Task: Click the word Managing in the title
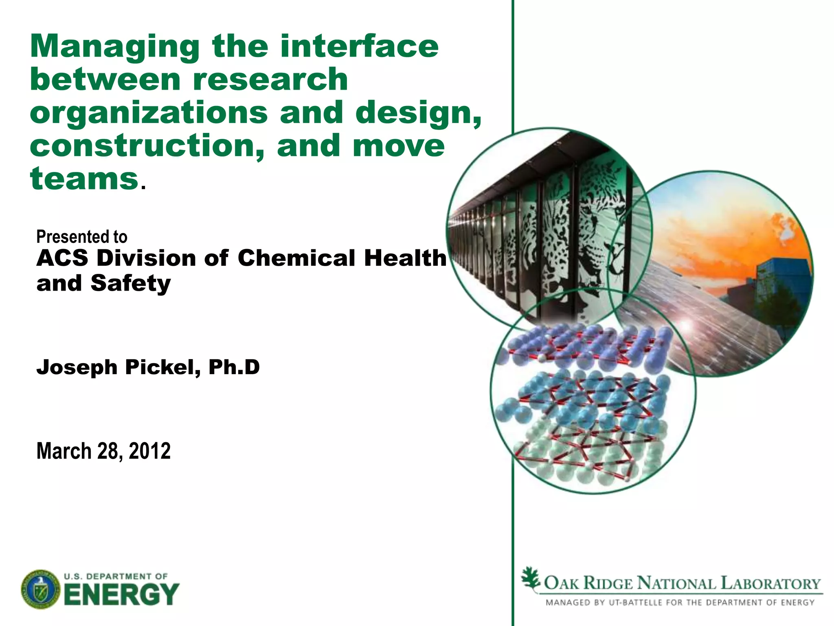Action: [x=115, y=47]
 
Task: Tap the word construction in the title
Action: [x=147, y=146]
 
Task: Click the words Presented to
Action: [x=81, y=237]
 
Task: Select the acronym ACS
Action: [x=62, y=258]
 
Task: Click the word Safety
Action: [x=131, y=283]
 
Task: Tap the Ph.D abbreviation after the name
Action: [x=234, y=367]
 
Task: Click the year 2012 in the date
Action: [x=149, y=451]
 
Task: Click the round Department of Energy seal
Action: [x=40, y=589]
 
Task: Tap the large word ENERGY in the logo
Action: [x=121, y=594]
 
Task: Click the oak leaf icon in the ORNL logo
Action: [x=531, y=578]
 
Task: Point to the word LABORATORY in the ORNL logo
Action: [x=770, y=583]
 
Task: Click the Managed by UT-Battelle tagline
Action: [x=680, y=602]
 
